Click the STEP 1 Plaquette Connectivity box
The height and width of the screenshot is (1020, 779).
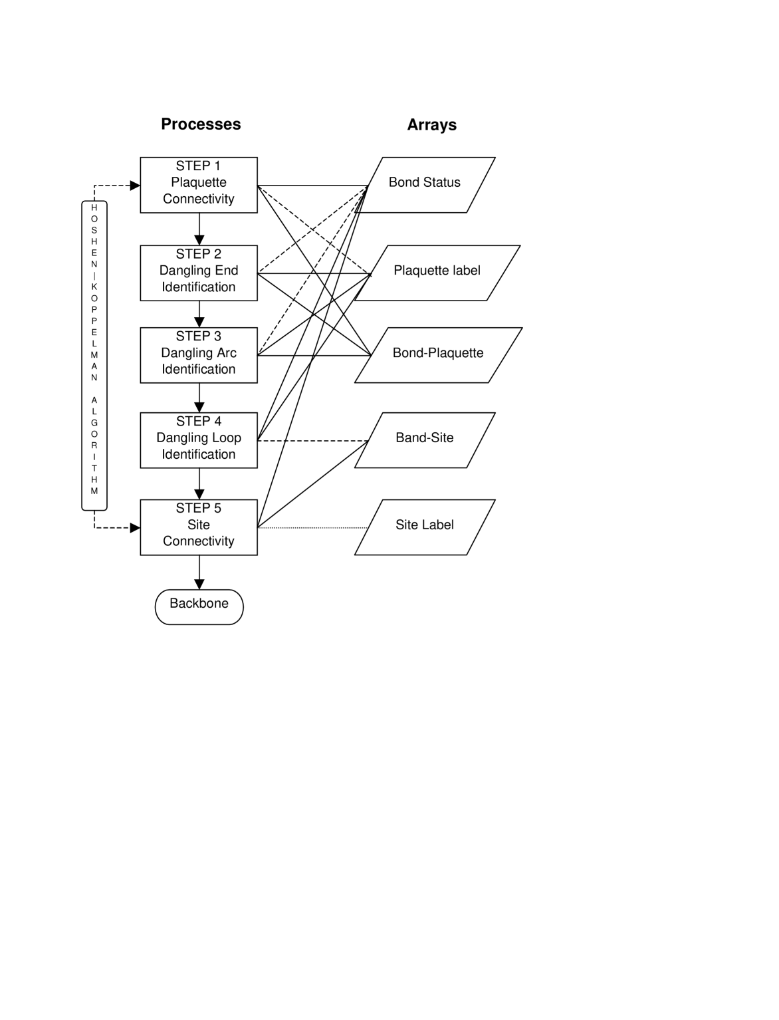(x=198, y=185)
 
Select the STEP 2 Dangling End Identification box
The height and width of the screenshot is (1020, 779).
(x=198, y=273)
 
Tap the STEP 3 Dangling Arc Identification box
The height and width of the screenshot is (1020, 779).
(x=198, y=355)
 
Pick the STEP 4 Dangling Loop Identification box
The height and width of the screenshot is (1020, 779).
(x=198, y=440)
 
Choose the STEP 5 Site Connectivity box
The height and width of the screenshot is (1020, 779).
(x=198, y=527)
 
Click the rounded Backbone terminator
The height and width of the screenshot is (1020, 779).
(x=199, y=606)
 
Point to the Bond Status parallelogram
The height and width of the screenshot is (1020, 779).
(x=425, y=185)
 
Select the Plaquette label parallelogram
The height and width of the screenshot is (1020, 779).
(x=437, y=273)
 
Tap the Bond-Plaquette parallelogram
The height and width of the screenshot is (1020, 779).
(x=438, y=355)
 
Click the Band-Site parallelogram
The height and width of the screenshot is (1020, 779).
(x=425, y=440)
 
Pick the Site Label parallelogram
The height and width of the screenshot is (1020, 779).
(x=425, y=527)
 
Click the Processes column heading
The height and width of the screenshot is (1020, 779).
(x=201, y=124)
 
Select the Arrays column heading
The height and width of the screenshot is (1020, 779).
(x=431, y=125)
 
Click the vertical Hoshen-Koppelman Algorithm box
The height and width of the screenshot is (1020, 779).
(x=94, y=355)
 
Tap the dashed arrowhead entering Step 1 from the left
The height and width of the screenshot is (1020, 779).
(x=135, y=186)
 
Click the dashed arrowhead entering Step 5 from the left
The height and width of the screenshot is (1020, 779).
(x=135, y=528)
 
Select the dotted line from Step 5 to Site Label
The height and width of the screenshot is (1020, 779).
(x=312, y=528)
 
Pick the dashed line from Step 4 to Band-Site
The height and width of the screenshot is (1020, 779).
(x=312, y=441)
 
